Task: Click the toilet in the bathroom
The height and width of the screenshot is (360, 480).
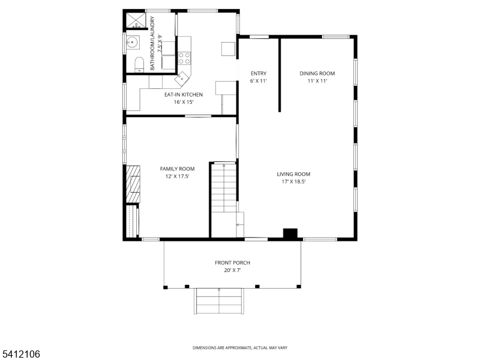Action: coord(137,64)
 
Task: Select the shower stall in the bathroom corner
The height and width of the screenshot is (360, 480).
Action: coord(136,21)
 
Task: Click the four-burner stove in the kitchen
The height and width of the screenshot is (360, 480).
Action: coord(185,58)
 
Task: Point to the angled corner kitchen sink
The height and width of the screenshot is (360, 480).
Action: coord(181,77)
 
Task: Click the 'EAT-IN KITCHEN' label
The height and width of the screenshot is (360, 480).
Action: coord(184,94)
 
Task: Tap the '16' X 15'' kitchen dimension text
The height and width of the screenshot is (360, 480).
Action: coord(184,102)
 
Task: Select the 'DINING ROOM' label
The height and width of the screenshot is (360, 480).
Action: coord(317,73)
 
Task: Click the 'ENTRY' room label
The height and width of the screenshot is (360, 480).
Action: coord(258,73)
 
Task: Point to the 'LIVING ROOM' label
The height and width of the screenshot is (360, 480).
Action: coord(293,174)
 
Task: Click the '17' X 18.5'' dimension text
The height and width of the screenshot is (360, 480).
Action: coord(293,182)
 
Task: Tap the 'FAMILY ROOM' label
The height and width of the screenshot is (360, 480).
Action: coord(177,169)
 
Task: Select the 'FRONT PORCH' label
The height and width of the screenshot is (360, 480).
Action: coord(232,263)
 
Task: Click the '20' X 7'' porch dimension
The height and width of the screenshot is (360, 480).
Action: coord(232,271)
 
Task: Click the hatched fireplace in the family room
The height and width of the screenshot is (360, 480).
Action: coord(133,185)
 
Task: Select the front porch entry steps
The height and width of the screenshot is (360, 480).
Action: coord(219,301)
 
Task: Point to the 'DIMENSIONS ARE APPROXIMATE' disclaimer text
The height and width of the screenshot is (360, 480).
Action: coord(239,348)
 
